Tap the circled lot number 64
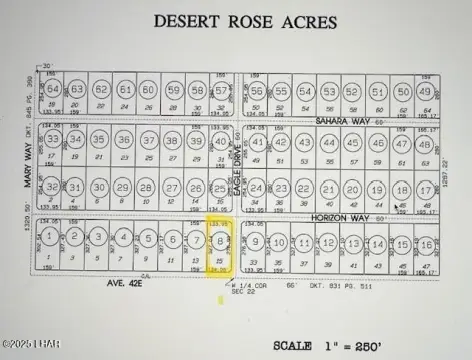(x=53, y=91)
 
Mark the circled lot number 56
(x=257, y=91)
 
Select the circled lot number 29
(x=125, y=189)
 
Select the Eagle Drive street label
(x=237, y=165)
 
